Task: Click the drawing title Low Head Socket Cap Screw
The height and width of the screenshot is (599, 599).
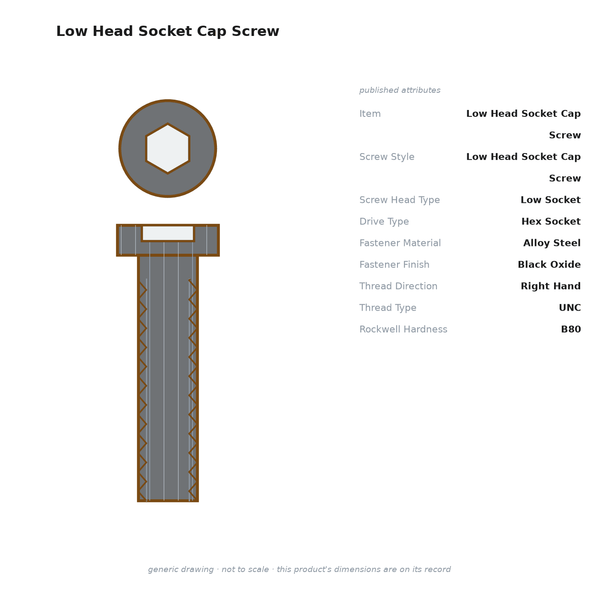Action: pyautogui.click(x=168, y=31)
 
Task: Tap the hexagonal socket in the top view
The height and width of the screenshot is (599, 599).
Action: pyautogui.click(x=168, y=148)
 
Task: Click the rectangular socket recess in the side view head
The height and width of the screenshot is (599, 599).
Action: pyautogui.click(x=168, y=233)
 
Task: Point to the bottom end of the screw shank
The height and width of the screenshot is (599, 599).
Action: pyautogui.click(x=168, y=501)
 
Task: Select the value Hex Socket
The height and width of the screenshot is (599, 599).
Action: pyautogui.click(x=551, y=221)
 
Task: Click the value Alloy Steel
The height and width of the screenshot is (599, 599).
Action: pyautogui.click(x=552, y=243)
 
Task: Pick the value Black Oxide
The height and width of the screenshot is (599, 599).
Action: pyautogui.click(x=549, y=264)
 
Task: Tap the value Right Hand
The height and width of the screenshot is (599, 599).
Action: pyautogui.click(x=551, y=286)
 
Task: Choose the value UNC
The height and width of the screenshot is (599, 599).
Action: pyautogui.click(x=570, y=308)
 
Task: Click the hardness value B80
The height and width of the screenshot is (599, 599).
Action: pyautogui.click(x=571, y=329)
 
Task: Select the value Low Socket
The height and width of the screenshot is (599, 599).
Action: pyautogui.click(x=551, y=200)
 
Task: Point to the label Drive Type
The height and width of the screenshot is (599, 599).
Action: pyautogui.click(x=384, y=221)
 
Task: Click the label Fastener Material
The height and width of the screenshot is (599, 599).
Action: pyautogui.click(x=400, y=243)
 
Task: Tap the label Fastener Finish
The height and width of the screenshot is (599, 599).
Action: pyautogui.click(x=394, y=264)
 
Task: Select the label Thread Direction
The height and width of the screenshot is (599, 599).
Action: pyautogui.click(x=398, y=286)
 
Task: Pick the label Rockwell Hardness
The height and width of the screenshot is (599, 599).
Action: pyautogui.click(x=403, y=329)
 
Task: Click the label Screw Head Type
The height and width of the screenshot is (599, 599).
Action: pyautogui.click(x=400, y=200)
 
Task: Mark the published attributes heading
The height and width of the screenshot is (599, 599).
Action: pyautogui.click(x=400, y=90)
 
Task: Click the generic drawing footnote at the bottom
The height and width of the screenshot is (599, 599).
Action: pyautogui.click(x=299, y=569)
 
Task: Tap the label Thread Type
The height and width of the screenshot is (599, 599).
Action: pyautogui.click(x=388, y=308)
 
